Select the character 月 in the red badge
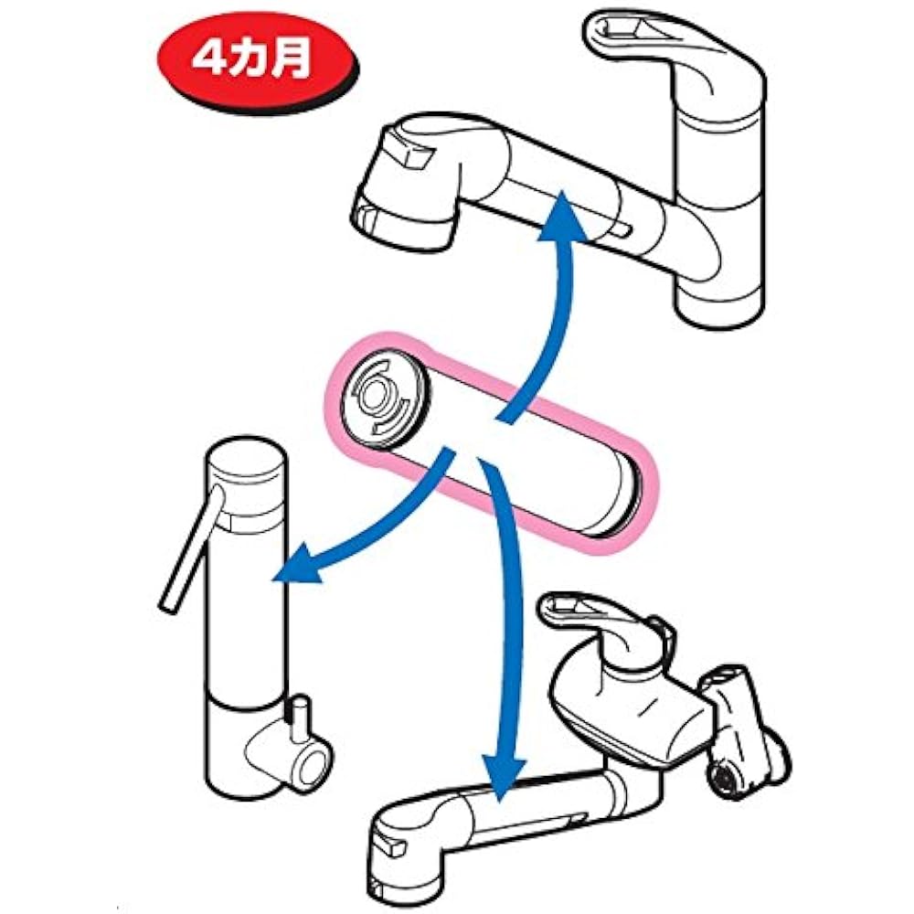(x=292, y=59)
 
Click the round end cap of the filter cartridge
(x=386, y=399)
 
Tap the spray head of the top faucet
(x=408, y=182)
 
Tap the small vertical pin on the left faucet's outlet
(x=301, y=719)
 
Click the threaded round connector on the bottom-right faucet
(x=723, y=776)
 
